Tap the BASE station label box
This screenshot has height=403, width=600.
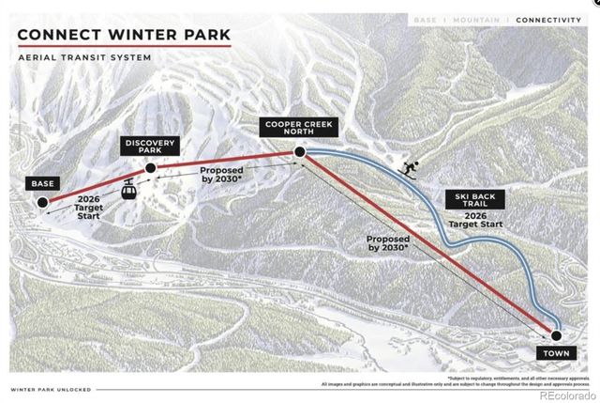tap(42, 183)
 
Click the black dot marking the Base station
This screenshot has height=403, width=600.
tap(42, 201)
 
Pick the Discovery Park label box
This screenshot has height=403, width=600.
tap(148, 147)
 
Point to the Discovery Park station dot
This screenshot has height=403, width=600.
tap(149, 167)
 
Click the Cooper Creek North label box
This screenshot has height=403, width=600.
tap(297, 127)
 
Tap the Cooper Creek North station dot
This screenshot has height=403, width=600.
tap(298, 150)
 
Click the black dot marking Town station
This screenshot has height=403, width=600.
tap(555, 333)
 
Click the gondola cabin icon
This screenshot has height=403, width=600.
tap(127, 189)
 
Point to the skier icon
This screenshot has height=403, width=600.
tap(408, 169)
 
